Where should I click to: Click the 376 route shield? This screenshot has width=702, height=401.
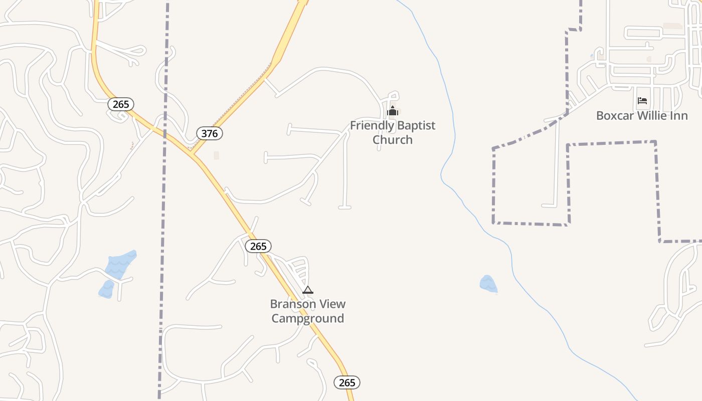[x=210, y=133]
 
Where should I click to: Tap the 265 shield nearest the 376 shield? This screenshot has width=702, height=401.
[x=121, y=104]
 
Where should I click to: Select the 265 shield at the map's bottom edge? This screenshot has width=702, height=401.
[x=347, y=382]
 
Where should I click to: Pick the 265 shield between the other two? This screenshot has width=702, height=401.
[x=258, y=246]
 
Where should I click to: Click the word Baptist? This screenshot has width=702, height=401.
[x=412, y=125]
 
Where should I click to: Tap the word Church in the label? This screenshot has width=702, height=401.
[x=393, y=140]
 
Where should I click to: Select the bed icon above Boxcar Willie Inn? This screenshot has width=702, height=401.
[x=642, y=101]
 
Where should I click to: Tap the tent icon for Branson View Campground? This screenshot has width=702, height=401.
[x=308, y=290]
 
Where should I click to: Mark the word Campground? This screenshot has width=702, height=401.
[x=308, y=318]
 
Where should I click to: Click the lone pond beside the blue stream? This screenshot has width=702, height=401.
[x=488, y=284]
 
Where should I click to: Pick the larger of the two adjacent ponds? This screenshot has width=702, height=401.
[x=121, y=264]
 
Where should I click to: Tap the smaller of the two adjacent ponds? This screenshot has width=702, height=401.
[x=106, y=290]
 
